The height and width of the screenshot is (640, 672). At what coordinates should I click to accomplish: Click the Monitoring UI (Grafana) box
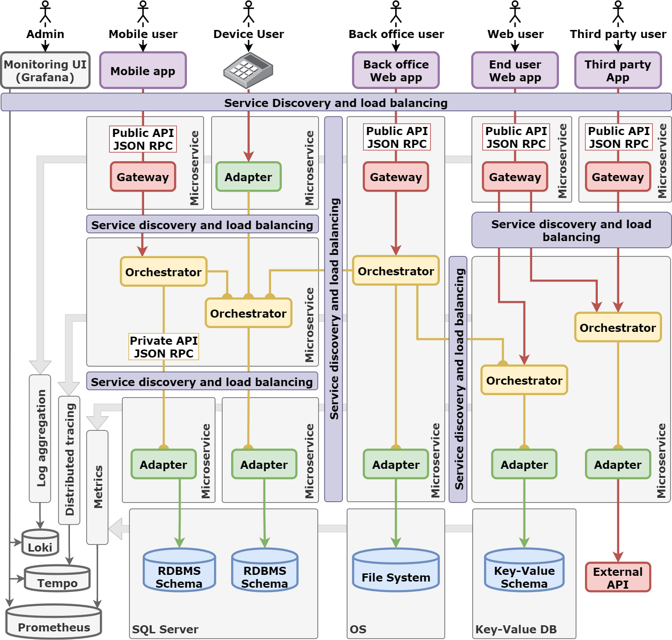45,71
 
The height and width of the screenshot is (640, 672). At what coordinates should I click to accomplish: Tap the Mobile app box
143,71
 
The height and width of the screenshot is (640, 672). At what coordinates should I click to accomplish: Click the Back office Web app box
396,71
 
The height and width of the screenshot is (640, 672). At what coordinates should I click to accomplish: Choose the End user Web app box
515,71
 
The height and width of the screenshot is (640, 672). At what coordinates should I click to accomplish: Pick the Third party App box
618,71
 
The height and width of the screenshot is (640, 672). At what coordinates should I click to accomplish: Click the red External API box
618,577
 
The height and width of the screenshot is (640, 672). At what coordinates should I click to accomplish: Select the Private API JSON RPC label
164,347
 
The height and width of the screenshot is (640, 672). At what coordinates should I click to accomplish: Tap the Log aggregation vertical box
40,438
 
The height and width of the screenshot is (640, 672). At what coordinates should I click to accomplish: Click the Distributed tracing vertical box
69,460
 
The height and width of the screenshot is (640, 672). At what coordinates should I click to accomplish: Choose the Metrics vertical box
97,487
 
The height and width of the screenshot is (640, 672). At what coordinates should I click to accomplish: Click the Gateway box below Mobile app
143,177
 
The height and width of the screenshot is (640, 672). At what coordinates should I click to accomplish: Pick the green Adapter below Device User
248,177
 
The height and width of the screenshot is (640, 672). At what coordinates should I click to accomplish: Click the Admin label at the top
45,34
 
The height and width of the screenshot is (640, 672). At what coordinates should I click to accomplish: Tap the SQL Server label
165,630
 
